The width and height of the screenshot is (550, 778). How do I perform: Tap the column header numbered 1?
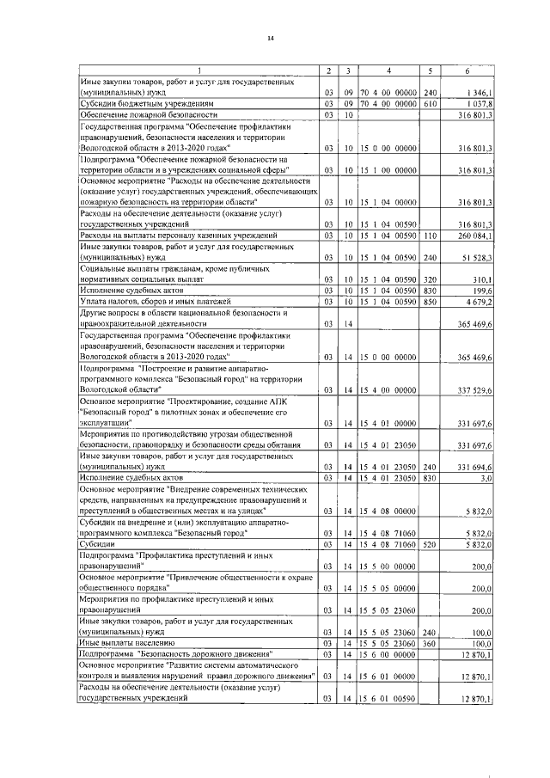click(199, 70)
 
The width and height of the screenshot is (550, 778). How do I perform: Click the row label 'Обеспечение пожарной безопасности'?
click(142, 114)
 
